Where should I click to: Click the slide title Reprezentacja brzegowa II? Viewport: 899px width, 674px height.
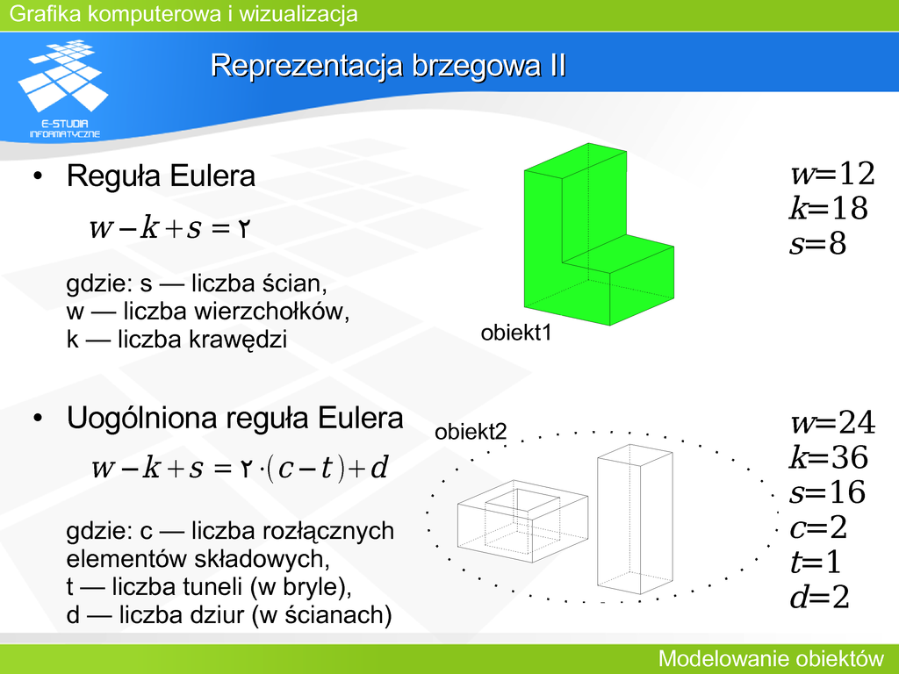tap(388, 65)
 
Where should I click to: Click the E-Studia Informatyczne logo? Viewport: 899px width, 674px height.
tap(63, 89)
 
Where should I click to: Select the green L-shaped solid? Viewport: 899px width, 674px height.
tap(599, 234)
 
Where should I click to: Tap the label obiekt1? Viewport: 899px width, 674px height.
tap(516, 333)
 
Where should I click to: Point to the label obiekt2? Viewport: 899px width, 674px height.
tap(471, 432)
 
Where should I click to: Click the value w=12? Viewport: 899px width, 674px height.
tap(832, 173)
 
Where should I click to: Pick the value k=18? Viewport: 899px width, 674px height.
tap(829, 207)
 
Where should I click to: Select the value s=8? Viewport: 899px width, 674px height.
tap(818, 243)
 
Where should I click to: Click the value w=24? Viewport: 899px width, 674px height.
tap(833, 422)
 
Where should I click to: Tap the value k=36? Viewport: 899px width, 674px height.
tap(829, 456)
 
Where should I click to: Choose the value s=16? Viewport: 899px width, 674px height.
tap(827, 491)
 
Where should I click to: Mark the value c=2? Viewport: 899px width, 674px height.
tap(819, 527)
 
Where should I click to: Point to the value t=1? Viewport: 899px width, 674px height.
tap(816, 561)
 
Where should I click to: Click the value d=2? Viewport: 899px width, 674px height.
tap(819, 597)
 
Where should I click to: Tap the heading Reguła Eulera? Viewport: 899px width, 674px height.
tap(161, 176)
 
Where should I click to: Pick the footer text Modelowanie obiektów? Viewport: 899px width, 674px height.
tap(771, 658)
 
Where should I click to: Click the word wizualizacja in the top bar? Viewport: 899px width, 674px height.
tap(298, 14)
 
